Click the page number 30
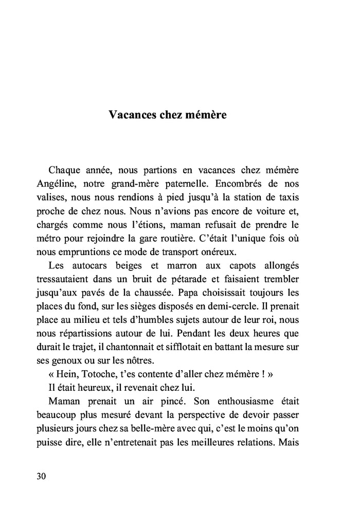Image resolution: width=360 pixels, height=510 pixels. point(42,476)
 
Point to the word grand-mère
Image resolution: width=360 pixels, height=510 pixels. point(141,183)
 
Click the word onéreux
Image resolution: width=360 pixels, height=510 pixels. point(230,252)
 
